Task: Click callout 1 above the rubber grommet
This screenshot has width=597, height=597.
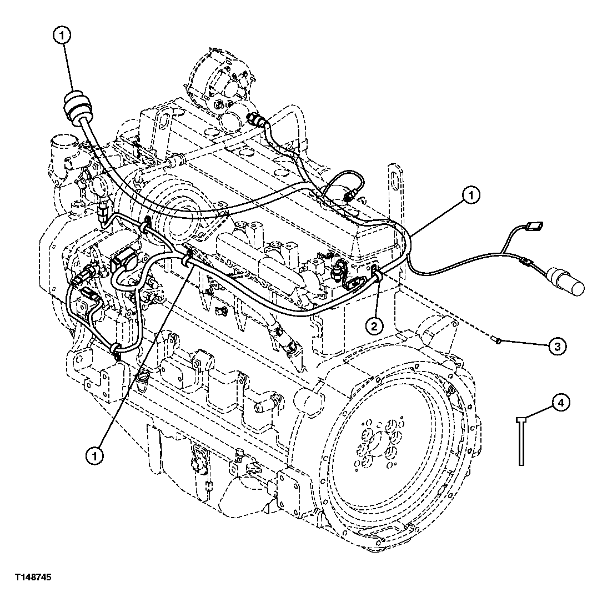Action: [63, 36]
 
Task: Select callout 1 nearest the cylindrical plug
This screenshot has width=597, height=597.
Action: [471, 195]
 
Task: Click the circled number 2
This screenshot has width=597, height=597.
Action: [374, 325]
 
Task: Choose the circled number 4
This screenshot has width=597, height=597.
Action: [560, 403]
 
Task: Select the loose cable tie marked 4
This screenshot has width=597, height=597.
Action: [520, 439]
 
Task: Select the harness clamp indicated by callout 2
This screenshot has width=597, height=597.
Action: [377, 272]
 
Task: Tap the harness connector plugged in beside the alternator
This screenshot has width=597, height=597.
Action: [257, 118]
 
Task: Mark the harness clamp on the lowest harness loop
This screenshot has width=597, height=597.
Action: [117, 349]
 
